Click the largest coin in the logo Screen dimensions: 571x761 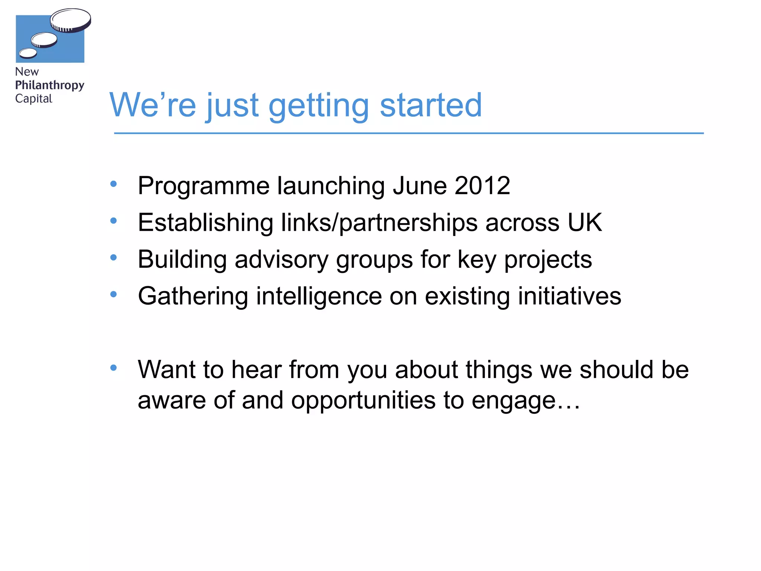click(71, 20)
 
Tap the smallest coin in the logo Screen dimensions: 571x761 click(28, 54)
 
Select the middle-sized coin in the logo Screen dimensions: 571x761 click(44, 40)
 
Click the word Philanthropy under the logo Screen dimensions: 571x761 click(49, 85)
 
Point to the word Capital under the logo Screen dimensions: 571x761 click(33, 99)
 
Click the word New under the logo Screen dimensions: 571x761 click(27, 72)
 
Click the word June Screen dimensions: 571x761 click(420, 186)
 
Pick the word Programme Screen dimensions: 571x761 click(204, 186)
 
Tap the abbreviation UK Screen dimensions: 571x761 click(584, 222)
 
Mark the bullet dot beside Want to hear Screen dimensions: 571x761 click(114, 368)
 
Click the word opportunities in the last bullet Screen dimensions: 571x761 click(363, 401)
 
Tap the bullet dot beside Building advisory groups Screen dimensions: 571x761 click(114, 257)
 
